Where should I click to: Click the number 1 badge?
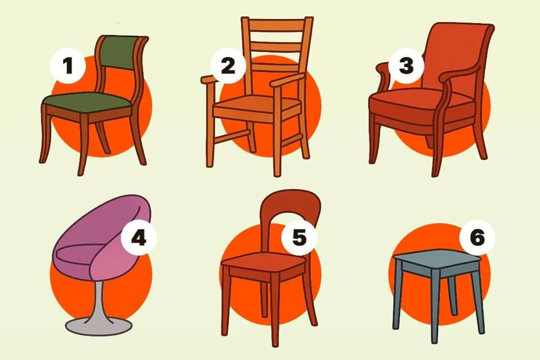(x=68, y=66)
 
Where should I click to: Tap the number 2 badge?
(x=228, y=66)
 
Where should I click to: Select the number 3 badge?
(x=406, y=66)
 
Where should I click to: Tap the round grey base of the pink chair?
(x=97, y=325)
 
